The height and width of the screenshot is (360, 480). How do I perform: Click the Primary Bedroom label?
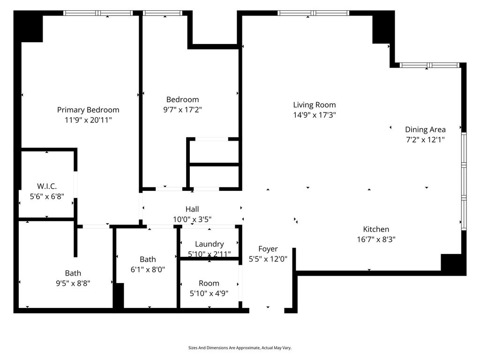coord(88,110)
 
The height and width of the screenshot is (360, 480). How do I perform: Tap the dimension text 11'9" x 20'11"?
coord(88,120)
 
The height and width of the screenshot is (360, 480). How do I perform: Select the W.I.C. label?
coord(47,186)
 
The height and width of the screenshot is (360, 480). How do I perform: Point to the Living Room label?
coord(315,105)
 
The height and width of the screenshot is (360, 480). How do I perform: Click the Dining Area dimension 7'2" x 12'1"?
coord(425,140)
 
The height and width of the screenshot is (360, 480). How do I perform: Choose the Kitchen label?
coord(376,229)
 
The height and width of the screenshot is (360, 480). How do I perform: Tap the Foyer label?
coord(268,249)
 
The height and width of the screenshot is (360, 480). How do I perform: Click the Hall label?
coord(192,210)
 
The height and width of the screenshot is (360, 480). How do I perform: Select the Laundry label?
coord(210,244)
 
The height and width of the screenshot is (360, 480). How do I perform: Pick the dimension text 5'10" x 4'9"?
coord(209,293)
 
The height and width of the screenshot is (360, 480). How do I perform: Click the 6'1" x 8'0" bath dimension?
coord(148,270)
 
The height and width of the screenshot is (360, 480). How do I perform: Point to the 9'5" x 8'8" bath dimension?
coord(73,284)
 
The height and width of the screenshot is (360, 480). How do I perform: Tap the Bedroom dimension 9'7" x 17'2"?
coord(182,110)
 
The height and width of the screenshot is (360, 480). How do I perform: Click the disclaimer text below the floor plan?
coord(240,348)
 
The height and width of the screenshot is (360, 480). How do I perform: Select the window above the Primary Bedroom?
coord(98,13)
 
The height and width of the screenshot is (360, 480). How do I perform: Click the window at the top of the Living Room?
coord(314,13)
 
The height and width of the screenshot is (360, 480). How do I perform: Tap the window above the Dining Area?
coord(429,65)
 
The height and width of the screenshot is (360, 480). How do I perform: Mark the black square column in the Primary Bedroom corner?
coord(29,27)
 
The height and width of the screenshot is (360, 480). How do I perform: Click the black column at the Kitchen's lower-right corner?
coord(453,265)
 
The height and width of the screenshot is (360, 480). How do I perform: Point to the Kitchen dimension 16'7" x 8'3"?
coord(376,240)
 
